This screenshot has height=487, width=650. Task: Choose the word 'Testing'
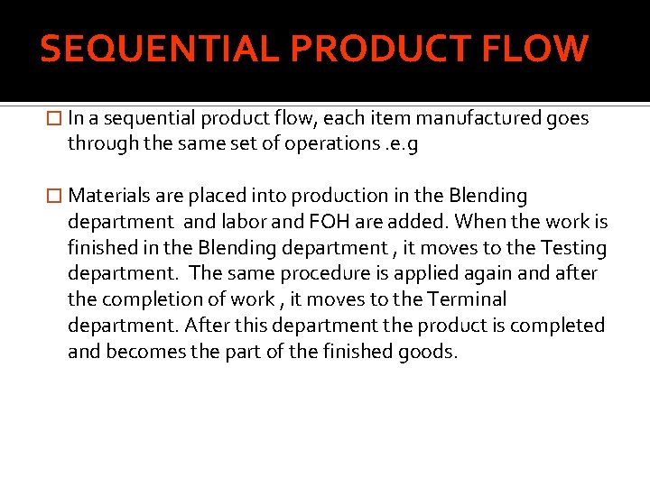click(574, 248)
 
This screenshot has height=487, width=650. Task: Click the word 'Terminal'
click(465, 299)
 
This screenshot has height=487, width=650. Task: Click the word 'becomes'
click(141, 352)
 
